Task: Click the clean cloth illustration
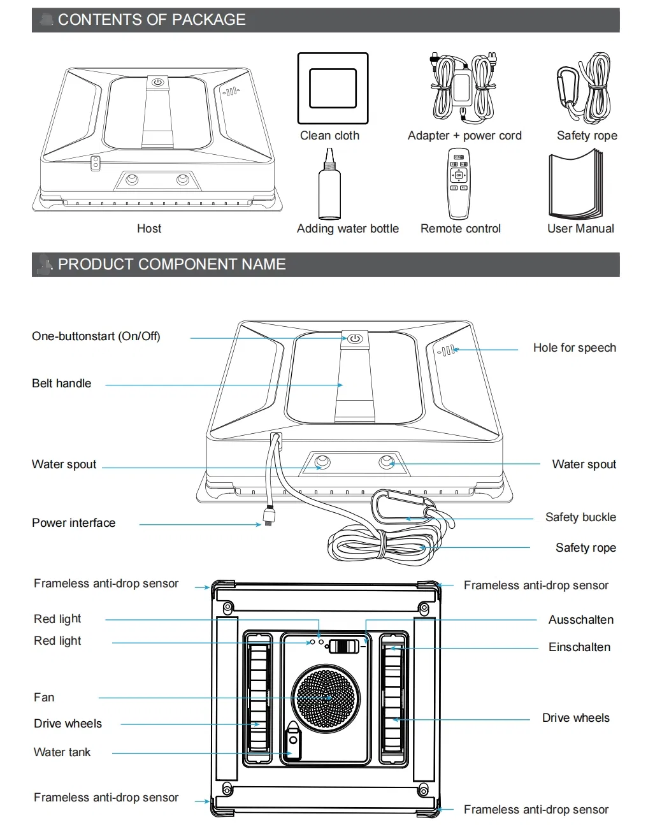coord(333,88)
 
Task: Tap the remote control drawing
coord(459,183)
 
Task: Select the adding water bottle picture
coord(329,183)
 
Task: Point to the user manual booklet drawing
coord(575,183)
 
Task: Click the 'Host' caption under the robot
coord(149,229)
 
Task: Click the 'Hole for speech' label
coord(574,348)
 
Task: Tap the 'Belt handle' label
coord(61,384)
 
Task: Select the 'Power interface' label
coord(74,523)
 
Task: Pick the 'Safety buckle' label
coord(580,517)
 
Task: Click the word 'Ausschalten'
coord(580,619)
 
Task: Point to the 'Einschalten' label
coord(579,647)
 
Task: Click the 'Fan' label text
coord(44,697)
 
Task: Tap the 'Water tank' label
coord(62,752)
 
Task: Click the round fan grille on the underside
coord(326,698)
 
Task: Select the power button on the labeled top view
coord(354,339)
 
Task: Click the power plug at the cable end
coord(269,515)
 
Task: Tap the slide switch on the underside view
coord(343,647)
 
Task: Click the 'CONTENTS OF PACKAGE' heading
coord(152,20)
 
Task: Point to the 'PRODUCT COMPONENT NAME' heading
coord(171,264)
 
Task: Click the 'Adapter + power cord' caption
coord(464,136)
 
